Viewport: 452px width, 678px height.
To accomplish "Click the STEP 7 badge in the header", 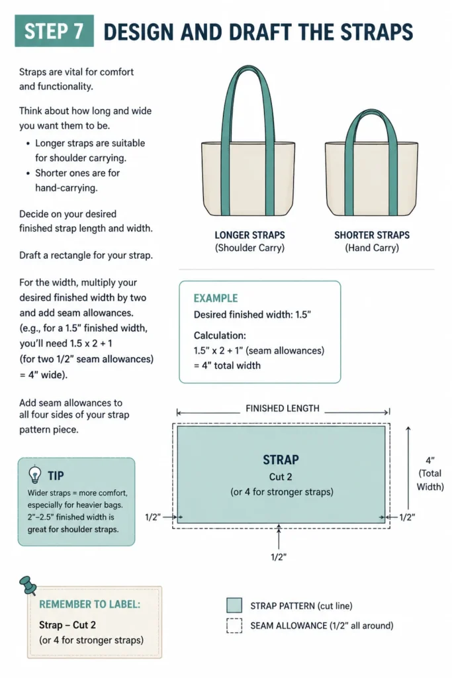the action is coord(54,30).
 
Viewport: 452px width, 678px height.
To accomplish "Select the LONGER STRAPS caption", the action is coord(249,235).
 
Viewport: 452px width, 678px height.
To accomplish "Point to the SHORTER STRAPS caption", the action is coord(372,235).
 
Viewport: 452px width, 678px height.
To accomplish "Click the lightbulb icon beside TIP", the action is coord(34,475).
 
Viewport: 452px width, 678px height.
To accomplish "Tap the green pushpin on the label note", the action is coord(28,585).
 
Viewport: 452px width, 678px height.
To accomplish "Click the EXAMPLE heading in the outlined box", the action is coord(216,299).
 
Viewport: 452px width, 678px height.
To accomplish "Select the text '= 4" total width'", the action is coord(227,365).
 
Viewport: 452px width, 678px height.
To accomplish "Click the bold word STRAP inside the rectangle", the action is coord(281,460).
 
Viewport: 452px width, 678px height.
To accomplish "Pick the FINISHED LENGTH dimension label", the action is coord(282,408).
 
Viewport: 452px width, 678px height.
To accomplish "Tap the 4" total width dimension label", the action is coord(430,473).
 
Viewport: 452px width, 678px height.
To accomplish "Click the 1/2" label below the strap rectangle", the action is coord(279,557).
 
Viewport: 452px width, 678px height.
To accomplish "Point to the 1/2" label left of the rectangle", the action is coord(153,517).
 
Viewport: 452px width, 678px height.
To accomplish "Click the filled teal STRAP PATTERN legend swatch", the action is coord(234,605).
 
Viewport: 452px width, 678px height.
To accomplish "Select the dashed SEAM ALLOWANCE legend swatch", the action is coord(234,626).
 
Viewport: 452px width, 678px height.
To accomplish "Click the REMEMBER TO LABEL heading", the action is coord(89,605).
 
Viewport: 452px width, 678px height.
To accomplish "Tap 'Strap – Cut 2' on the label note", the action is coord(68,625).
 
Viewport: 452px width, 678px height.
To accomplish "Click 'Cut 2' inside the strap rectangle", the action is coord(281,477).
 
